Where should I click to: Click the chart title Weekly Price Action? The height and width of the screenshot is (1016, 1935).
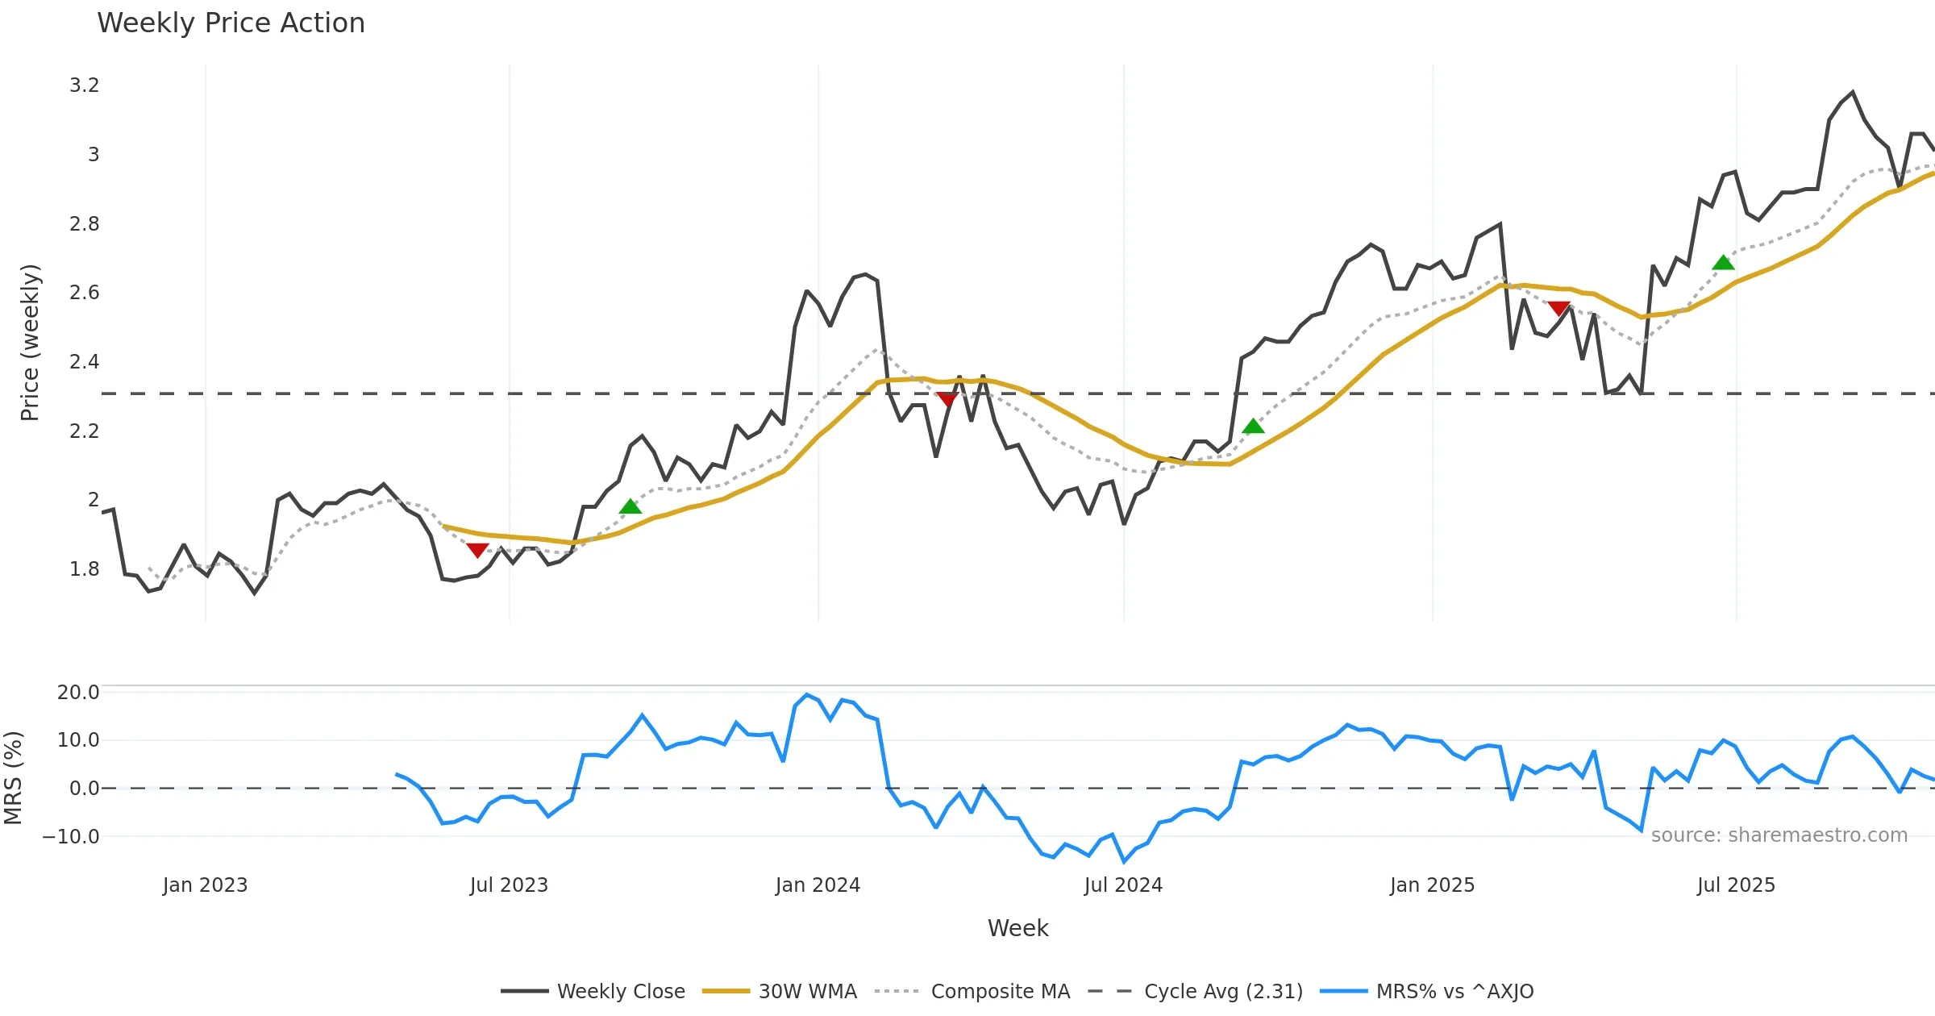pyautogui.click(x=231, y=23)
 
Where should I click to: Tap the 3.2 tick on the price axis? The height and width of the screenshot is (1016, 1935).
pyautogui.click(x=84, y=85)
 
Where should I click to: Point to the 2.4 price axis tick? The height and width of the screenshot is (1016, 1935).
pyautogui.click(x=84, y=362)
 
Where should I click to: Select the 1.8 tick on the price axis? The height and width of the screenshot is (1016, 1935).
pyautogui.click(x=84, y=569)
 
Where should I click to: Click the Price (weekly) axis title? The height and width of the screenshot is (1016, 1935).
pyautogui.click(x=30, y=343)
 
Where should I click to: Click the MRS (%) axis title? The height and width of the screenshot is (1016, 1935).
pyautogui.click(x=14, y=778)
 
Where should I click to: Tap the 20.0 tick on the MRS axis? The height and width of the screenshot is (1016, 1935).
pyautogui.click(x=78, y=693)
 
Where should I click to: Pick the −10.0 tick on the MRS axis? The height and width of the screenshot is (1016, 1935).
pyautogui.click(x=71, y=837)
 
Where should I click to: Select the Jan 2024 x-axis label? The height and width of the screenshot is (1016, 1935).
pyautogui.click(x=818, y=885)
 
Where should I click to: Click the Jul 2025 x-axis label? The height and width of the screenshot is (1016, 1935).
pyautogui.click(x=1736, y=885)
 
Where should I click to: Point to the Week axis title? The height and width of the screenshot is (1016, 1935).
pyautogui.click(x=1017, y=929)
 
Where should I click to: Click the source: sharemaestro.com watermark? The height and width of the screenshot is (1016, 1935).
pyautogui.click(x=1779, y=835)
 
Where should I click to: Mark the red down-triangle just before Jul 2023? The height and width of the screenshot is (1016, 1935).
pyautogui.click(x=477, y=550)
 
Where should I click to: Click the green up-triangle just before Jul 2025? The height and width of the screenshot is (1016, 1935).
pyautogui.click(x=1723, y=263)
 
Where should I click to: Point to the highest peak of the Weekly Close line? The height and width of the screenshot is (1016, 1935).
pyautogui.click(x=1853, y=92)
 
